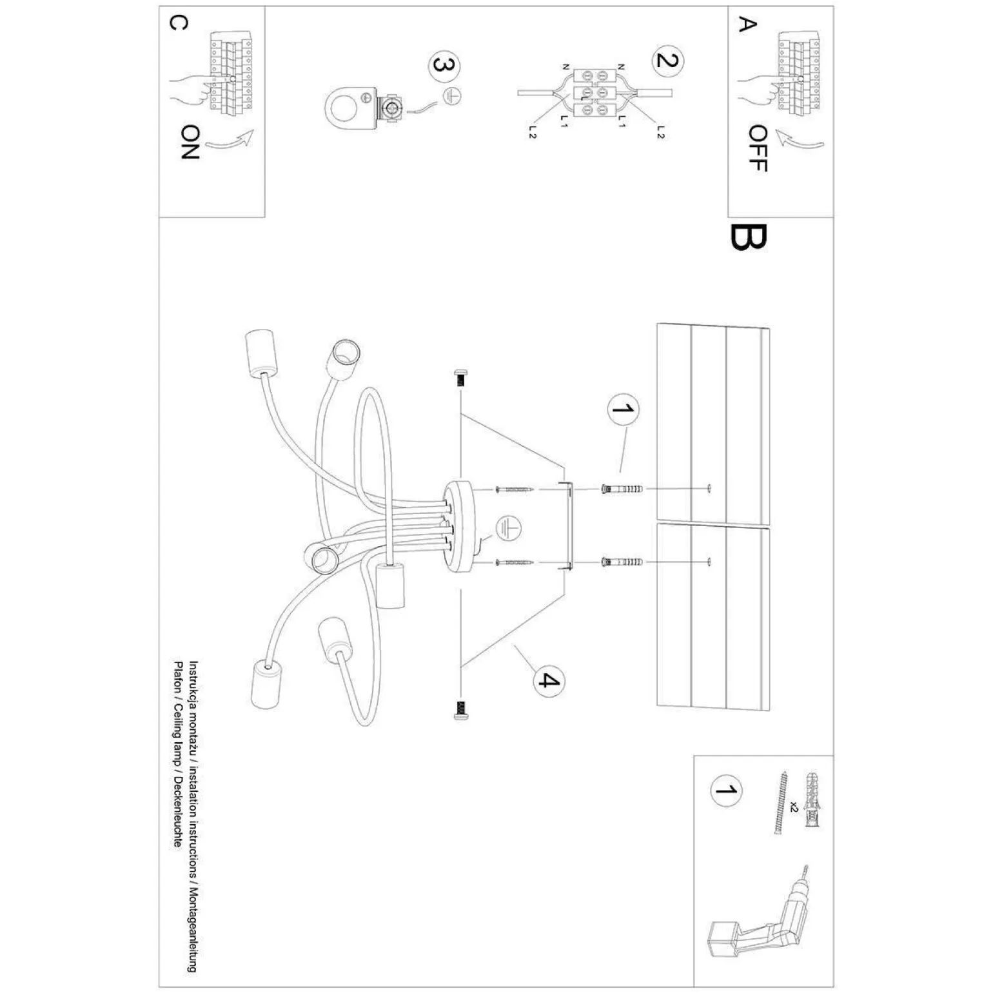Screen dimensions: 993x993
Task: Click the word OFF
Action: click(x=758, y=148)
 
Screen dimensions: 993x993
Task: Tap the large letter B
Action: click(x=748, y=237)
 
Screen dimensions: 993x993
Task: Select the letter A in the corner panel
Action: click(x=746, y=25)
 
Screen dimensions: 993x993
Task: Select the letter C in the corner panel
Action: click(x=178, y=23)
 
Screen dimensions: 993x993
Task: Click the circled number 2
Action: click(x=667, y=60)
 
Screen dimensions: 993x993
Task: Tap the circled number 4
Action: click(x=547, y=680)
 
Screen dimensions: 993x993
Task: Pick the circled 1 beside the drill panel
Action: click(x=725, y=791)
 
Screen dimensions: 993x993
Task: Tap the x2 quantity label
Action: click(x=794, y=806)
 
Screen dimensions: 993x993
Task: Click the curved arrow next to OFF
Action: click(x=800, y=139)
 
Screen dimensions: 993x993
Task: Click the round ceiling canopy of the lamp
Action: click(x=462, y=526)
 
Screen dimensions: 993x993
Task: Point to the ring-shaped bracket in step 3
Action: click(x=348, y=104)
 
